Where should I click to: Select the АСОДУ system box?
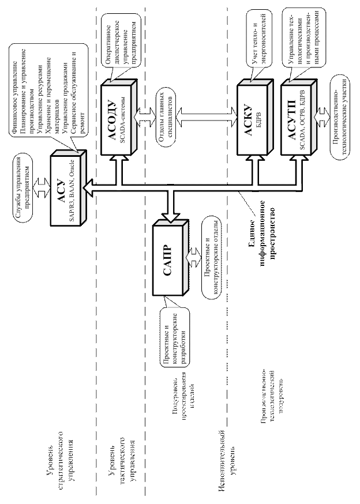[117, 118]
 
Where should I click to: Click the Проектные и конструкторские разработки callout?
[173, 334]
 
